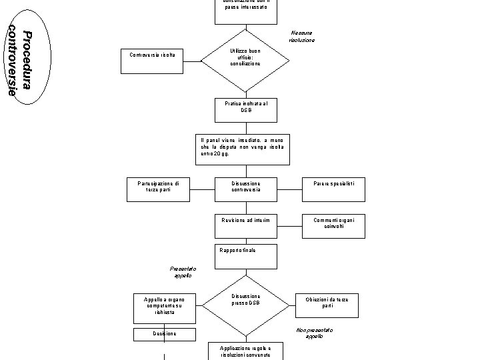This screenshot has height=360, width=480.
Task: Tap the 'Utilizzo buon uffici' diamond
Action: [x=245, y=61]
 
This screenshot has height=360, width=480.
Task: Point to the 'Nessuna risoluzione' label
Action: [x=302, y=37]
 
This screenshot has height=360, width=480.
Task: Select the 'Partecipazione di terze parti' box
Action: [x=159, y=189]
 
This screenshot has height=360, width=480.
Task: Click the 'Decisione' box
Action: [x=165, y=334]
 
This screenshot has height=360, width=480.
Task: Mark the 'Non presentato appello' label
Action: [x=314, y=333]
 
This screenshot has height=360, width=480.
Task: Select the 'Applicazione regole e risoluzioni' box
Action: [x=245, y=351]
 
